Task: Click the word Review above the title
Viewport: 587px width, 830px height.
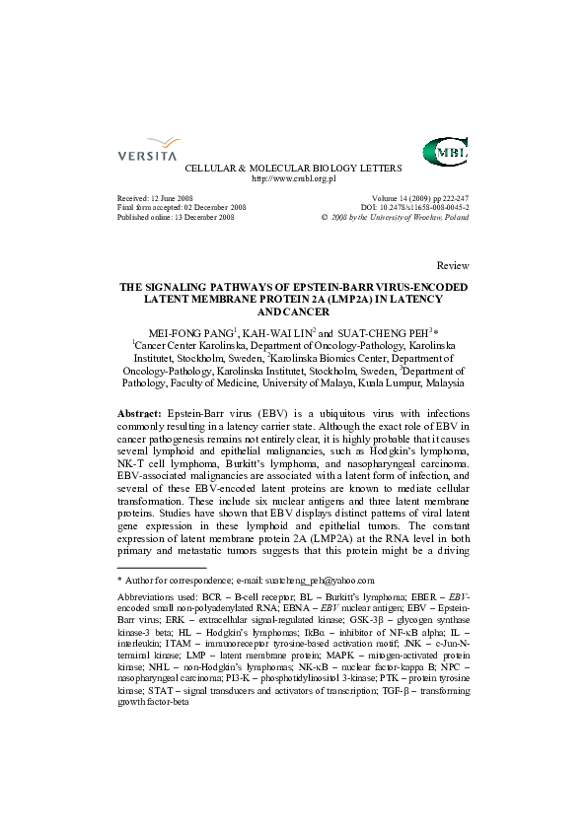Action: point(452,266)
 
